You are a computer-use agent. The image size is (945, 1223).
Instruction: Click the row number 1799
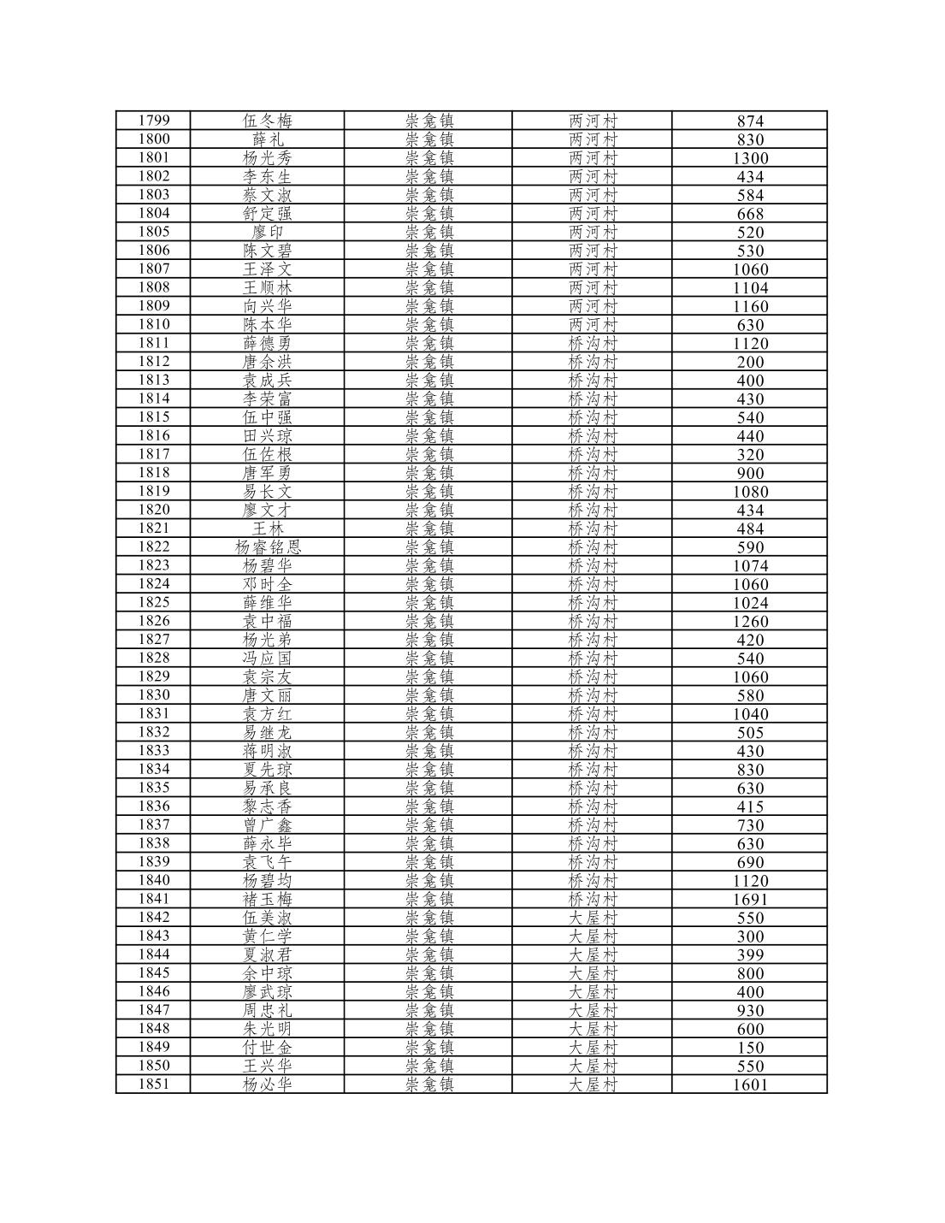pyautogui.click(x=154, y=121)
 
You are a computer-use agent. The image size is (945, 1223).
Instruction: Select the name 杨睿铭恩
pyautogui.click(x=268, y=547)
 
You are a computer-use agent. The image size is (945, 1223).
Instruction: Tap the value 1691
pyautogui.click(x=750, y=900)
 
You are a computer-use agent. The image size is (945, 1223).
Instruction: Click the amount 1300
pyautogui.click(x=750, y=158)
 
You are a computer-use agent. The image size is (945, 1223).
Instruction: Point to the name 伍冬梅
pyautogui.click(x=268, y=121)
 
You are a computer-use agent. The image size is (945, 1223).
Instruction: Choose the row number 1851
pyautogui.click(x=154, y=1084)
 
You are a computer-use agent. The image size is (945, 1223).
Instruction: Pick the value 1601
pyautogui.click(x=750, y=1085)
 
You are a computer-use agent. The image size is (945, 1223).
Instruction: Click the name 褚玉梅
pyautogui.click(x=268, y=900)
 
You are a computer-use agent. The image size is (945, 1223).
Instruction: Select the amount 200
pyautogui.click(x=750, y=362)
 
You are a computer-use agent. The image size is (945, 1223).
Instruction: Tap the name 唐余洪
pyautogui.click(x=268, y=362)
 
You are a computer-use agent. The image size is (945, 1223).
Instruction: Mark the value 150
pyautogui.click(x=750, y=1048)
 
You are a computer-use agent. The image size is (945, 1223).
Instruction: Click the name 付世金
pyautogui.click(x=268, y=1048)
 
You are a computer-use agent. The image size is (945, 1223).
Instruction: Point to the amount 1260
pyautogui.click(x=750, y=622)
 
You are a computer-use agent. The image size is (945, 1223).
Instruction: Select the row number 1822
pyautogui.click(x=154, y=547)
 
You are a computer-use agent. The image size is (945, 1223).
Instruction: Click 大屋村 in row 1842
pyautogui.click(x=593, y=918)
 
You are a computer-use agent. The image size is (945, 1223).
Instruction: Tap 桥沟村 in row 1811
pyautogui.click(x=593, y=343)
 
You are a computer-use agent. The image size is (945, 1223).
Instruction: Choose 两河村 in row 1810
pyautogui.click(x=593, y=325)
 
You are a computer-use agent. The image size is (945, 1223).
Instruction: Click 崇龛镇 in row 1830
pyautogui.click(x=429, y=695)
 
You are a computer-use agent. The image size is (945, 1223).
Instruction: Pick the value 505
pyautogui.click(x=750, y=733)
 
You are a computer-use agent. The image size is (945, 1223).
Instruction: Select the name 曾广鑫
pyautogui.click(x=268, y=825)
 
